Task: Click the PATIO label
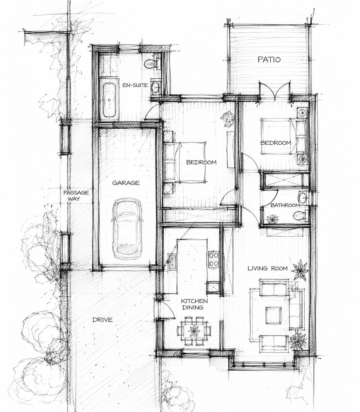(269, 59)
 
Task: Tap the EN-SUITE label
(135, 85)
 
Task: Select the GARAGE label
(126, 183)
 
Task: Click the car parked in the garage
(127, 229)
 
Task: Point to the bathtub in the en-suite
(109, 100)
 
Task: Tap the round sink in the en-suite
(155, 87)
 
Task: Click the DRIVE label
(102, 320)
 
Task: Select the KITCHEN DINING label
(194, 304)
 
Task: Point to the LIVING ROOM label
(268, 268)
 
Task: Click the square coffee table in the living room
(273, 315)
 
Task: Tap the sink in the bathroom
(302, 198)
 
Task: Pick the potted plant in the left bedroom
(228, 119)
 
